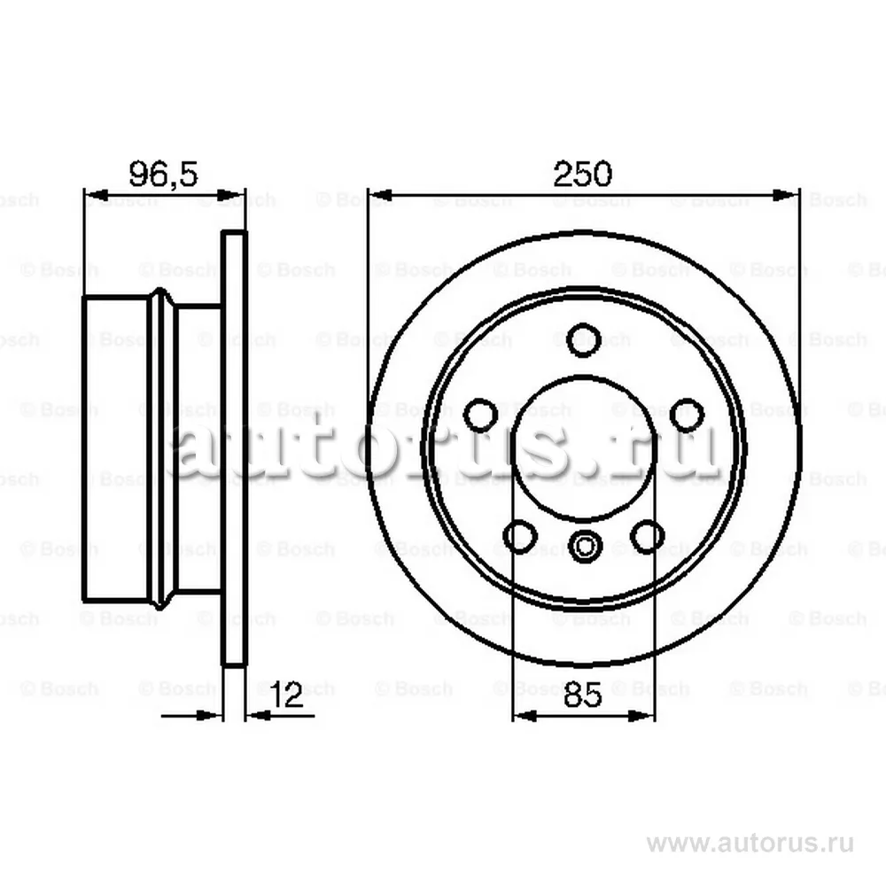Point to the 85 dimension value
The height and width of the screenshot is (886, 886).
(583, 694)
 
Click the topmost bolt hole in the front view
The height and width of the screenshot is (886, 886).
(584, 338)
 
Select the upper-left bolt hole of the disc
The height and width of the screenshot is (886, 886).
(481, 413)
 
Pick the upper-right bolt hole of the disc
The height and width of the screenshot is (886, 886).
(687, 413)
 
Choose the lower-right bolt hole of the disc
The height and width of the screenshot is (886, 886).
(648, 535)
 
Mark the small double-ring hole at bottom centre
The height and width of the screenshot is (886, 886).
(584, 546)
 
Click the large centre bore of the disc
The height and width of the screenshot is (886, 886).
(584, 447)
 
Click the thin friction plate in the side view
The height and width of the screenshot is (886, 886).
(233, 447)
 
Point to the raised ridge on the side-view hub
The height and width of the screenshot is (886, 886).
(161, 447)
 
